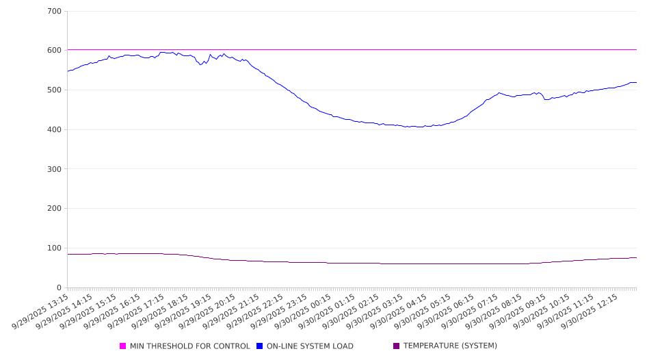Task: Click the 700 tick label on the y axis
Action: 55,12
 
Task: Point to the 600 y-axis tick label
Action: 55,51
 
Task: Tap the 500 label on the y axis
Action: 55,90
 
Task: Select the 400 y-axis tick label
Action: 55,130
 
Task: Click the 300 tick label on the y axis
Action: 55,169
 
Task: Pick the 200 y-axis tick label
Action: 55,209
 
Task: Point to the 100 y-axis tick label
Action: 55,248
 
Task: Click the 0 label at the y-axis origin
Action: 60,288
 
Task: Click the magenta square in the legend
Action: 123,346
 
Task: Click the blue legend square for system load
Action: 260,346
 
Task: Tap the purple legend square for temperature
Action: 397,346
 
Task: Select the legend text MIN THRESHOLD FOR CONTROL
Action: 190,346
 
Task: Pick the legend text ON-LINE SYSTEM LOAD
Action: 310,346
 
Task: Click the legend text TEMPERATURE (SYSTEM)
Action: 450,346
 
